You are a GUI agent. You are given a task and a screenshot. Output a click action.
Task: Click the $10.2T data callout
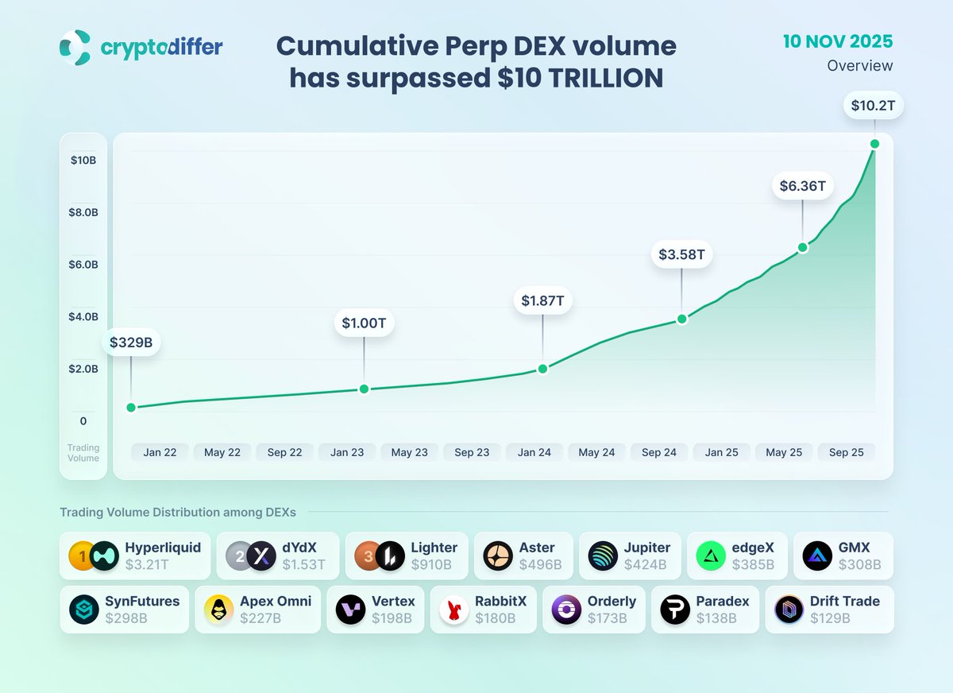click(x=874, y=105)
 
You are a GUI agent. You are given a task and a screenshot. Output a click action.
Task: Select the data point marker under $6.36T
click(x=802, y=247)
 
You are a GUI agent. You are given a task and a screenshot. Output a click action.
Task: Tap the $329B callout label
click(x=131, y=343)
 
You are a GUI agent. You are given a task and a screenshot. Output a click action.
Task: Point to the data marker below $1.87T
click(x=542, y=369)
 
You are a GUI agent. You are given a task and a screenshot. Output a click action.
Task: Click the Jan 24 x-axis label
click(x=534, y=452)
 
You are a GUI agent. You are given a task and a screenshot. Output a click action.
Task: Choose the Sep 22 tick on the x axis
click(x=284, y=452)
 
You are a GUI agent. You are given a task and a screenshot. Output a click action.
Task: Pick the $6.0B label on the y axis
click(x=84, y=265)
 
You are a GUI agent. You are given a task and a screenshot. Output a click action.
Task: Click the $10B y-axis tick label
click(x=83, y=161)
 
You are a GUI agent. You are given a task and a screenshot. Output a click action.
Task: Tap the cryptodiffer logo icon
click(x=75, y=48)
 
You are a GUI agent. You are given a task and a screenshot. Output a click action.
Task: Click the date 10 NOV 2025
click(x=838, y=41)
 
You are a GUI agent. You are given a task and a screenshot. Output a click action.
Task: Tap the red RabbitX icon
click(x=455, y=610)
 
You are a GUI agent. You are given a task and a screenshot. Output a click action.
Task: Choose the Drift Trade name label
click(x=845, y=602)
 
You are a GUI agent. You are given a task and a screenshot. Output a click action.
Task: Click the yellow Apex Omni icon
click(x=218, y=610)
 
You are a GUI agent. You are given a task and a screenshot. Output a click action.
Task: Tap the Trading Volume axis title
click(x=83, y=453)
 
